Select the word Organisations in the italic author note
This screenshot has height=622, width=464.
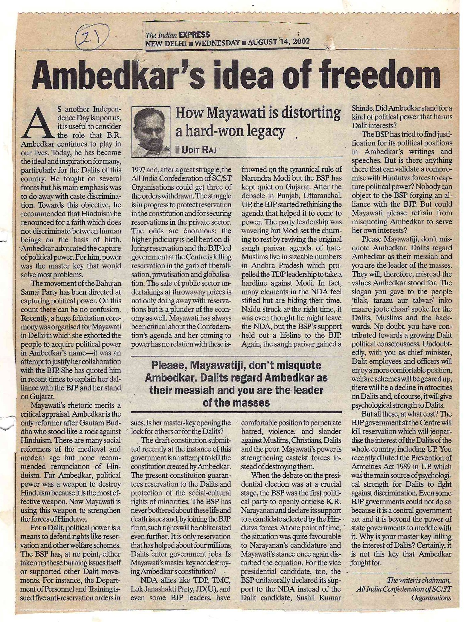pyautogui.click(x=431, y=597)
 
